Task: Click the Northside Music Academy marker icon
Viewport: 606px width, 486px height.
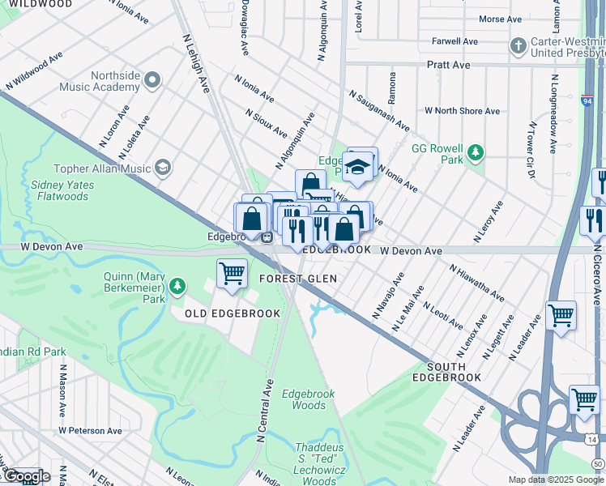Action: click(x=151, y=79)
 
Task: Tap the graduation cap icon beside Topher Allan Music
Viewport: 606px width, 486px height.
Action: click(x=163, y=168)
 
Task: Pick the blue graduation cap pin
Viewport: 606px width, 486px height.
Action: click(x=356, y=167)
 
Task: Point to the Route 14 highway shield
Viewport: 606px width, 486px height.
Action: click(x=592, y=438)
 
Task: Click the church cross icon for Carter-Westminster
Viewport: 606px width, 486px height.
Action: click(x=518, y=46)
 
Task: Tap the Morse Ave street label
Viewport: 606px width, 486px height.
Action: click(x=500, y=19)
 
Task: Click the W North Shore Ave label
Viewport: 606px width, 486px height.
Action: click(x=463, y=110)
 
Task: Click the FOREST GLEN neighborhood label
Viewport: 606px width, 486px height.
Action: click(x=297, y=279)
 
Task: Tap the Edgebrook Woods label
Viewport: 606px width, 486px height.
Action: click(x=309, y=399)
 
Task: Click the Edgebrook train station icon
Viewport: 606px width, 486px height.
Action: click(x=267, y=237)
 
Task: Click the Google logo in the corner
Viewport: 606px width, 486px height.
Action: click(x=26, y=476)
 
